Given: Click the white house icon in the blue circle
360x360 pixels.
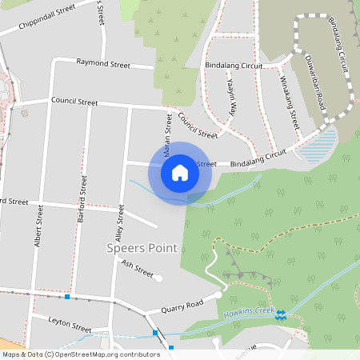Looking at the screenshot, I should coord(180,172).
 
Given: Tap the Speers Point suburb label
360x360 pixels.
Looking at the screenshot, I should coord(142,248).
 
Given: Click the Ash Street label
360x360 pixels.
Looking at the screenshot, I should coord(137,267).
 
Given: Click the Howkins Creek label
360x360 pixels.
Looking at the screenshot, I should coord(249,311).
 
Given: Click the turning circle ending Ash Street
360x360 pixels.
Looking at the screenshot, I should coord(158,278).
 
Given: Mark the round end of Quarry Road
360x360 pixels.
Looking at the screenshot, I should coord(218,296).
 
